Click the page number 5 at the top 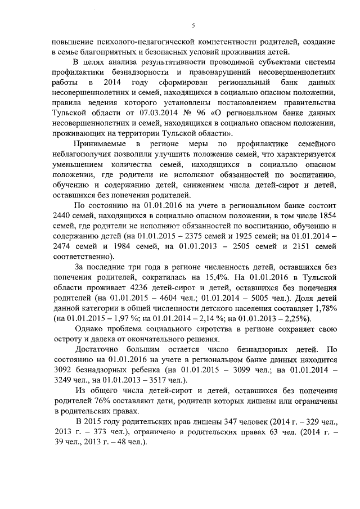click(193, 25)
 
